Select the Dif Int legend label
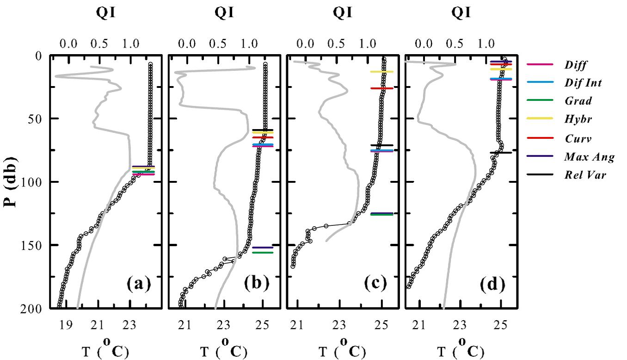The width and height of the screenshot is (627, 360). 583,83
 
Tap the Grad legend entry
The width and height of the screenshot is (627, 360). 578,101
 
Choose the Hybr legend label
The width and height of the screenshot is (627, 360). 578,119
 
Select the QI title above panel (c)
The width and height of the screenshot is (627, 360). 343,13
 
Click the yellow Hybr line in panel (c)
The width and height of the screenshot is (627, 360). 381,72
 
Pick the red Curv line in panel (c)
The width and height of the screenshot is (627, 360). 381,88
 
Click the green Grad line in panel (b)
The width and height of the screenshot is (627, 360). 262,253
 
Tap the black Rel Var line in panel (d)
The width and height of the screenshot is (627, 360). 500,153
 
